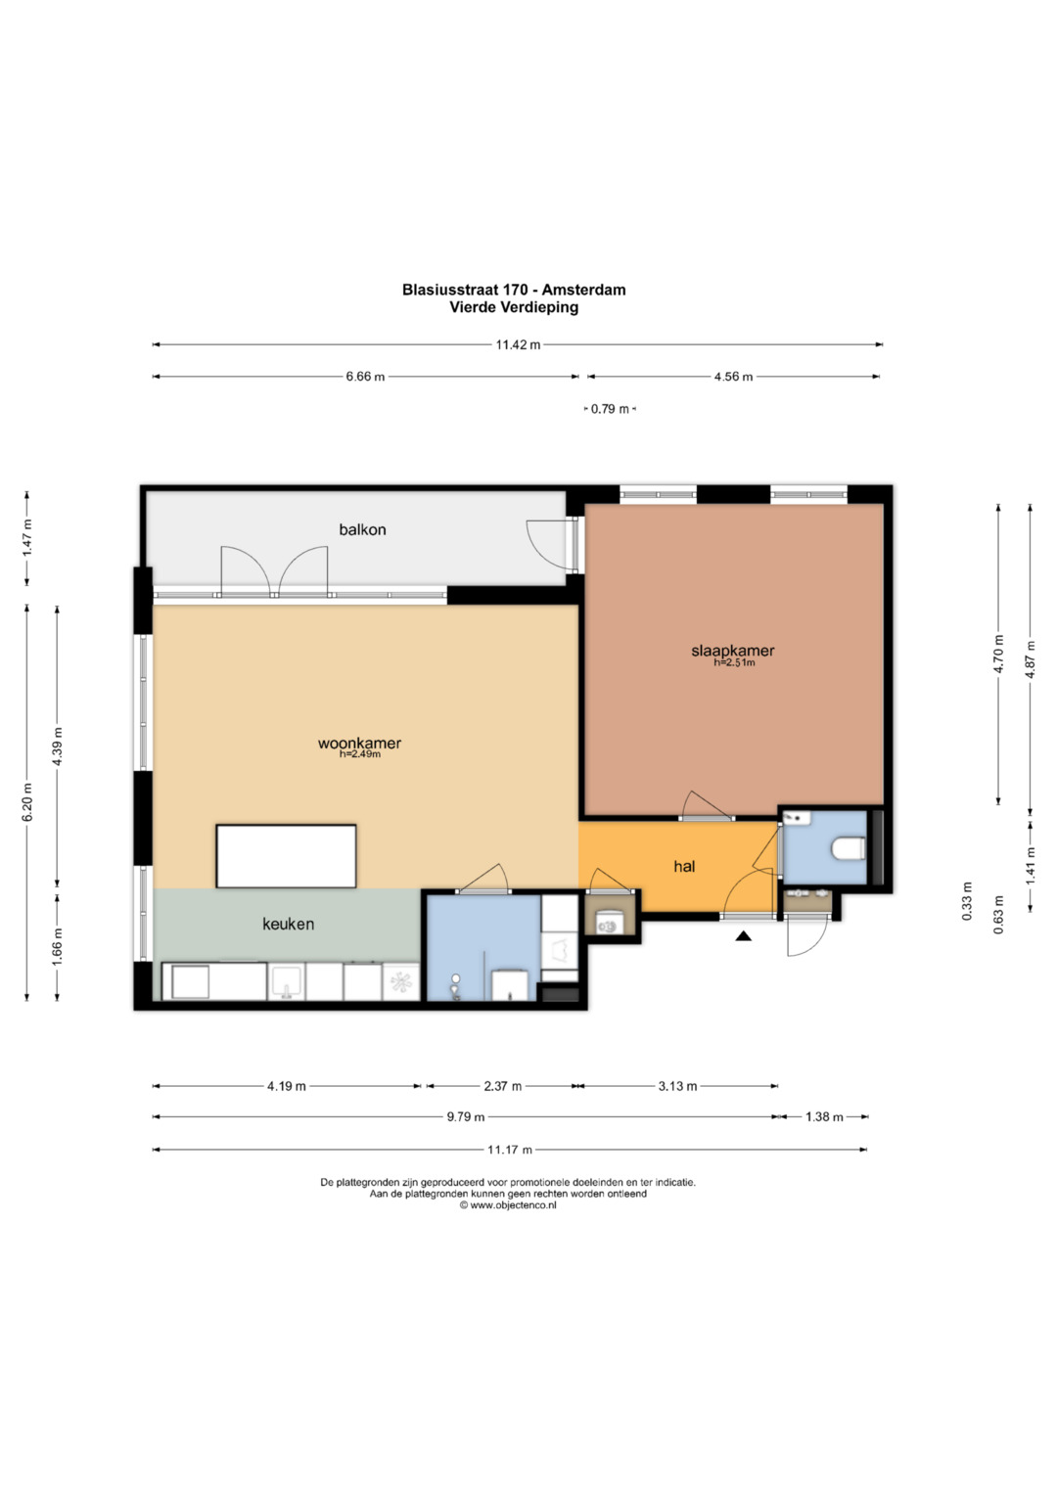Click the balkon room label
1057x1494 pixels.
(362, 529)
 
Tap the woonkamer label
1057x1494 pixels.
(359, 743)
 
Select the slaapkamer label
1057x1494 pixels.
(733, 651)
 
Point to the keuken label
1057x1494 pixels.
(288, 924)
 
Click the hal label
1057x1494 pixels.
(684, 867)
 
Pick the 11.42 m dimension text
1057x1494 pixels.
(518, 344)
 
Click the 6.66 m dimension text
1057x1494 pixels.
(365, 377)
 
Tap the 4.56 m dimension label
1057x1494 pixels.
(733, 377)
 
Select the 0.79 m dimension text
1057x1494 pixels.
(610, 409)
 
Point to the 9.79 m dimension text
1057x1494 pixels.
(466, 1117)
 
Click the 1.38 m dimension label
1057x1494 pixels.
(824, 1117)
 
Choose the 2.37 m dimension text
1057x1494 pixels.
(502, 1086)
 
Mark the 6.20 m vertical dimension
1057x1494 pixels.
(27, 803)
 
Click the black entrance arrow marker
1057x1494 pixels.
(744, 936)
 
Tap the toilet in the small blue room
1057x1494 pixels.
(849, 849)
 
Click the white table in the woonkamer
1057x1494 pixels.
(286, 856)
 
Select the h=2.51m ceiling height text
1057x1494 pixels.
(734, 663)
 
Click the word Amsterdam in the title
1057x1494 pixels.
(583, 290)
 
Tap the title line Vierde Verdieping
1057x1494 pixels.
(514, 307)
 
